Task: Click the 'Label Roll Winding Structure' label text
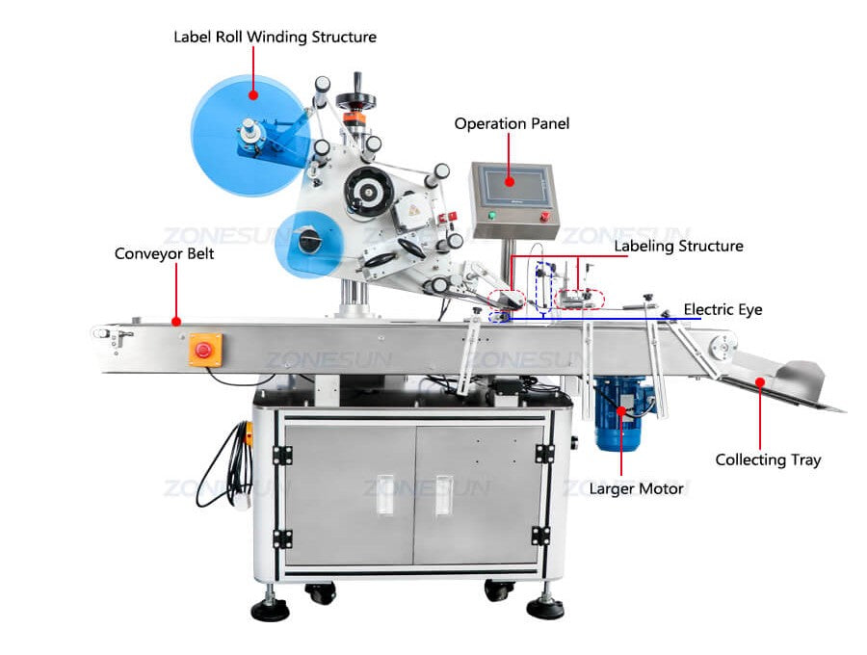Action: click(x=275, y=37)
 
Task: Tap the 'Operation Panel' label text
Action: click(x=512, y=123)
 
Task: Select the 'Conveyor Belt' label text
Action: click(x=164, y=254)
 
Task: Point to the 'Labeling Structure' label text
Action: click(x=678, y=246)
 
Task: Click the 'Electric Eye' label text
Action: click(x=722, y=309)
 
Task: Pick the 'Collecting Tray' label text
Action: click(x=768, y=459)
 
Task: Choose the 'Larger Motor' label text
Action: click(x=636, y=488)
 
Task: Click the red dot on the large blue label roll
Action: click(x=252, y=94)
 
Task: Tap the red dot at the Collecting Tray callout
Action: click(x=759, y=382)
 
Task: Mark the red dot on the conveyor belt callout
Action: click(x=176, y=322)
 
